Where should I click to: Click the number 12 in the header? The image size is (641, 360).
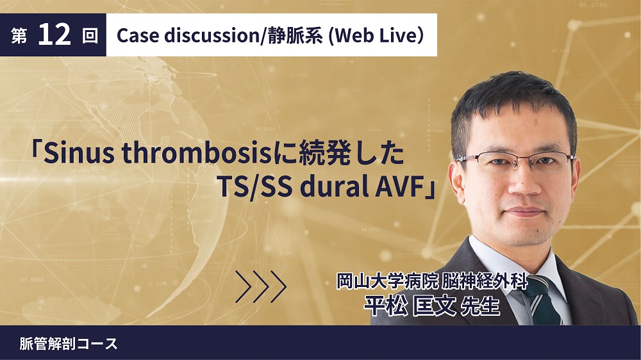point(54,35)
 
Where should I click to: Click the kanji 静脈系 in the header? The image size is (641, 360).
point(295,35)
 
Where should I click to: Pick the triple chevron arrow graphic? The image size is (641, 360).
point(261,286)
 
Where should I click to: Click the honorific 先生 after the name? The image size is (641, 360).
point(480,306)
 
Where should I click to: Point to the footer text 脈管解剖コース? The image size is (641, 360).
point(69,343)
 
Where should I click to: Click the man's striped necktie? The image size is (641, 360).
point(545,300)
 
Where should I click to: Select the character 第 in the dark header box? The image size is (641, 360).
point(19,36)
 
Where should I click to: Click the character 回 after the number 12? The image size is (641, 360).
point(90,36)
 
